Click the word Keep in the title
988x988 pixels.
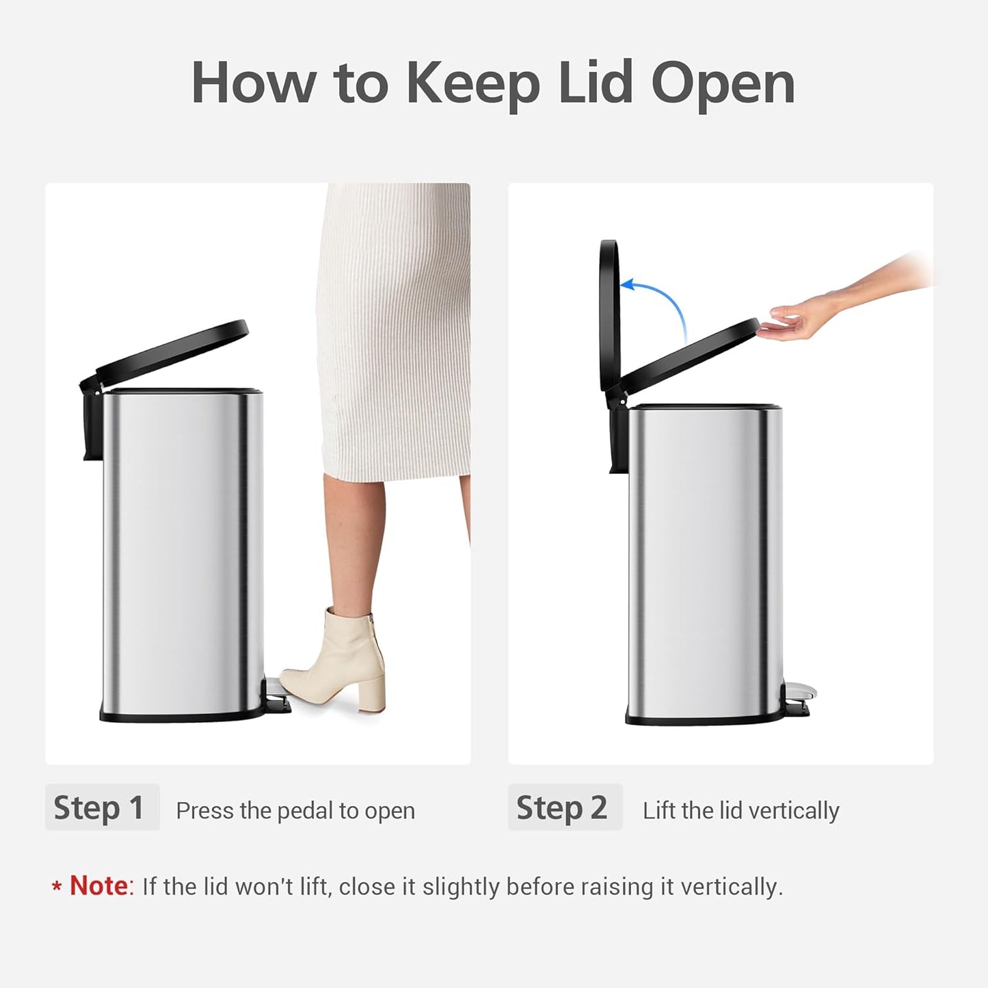click(x=472, y=83)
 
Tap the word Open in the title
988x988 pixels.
click(x=723, y=83)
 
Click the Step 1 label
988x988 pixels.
click(x=100, y=807)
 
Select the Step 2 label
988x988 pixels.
click(x=563, y=807)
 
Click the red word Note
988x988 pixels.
click(x=98, y=886)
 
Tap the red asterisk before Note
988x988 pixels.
click(x=57, y=887)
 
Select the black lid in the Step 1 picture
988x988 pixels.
click(x=171, y=349)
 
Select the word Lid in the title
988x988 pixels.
click(x=595, y=83)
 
